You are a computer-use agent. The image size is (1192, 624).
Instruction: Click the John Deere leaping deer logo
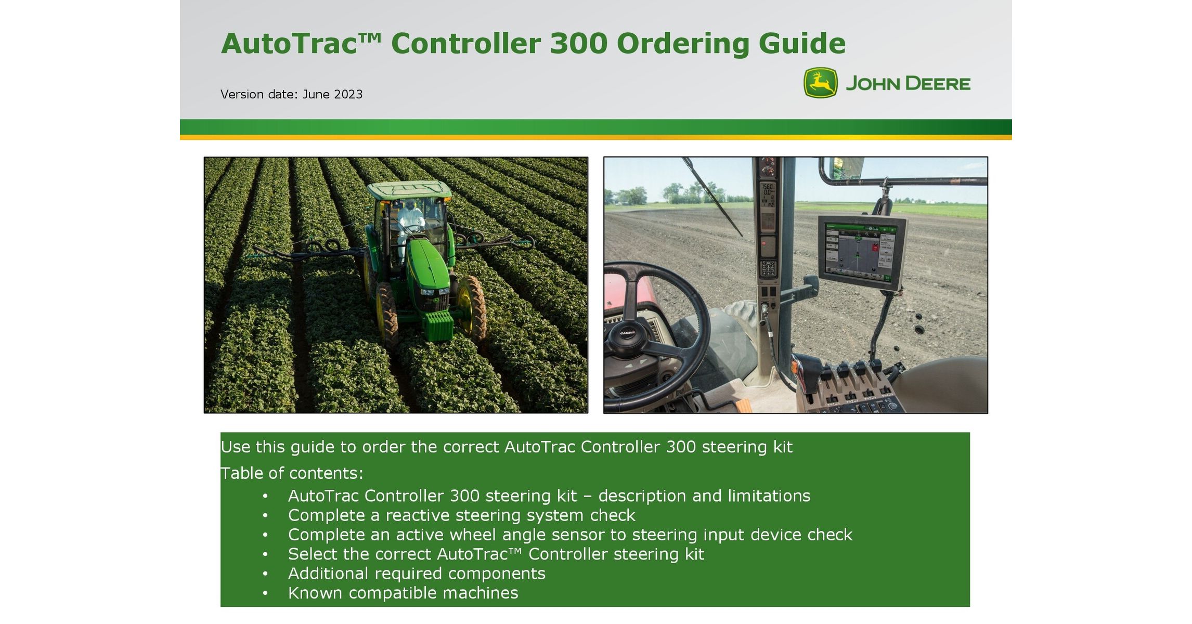(820, 83)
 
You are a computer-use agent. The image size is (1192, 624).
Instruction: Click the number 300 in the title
(578, 43)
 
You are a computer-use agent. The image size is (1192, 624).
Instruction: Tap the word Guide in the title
(802, 43)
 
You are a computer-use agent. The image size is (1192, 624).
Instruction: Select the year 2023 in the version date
(348, 95)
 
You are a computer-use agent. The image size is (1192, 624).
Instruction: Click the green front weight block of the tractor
(439, 324)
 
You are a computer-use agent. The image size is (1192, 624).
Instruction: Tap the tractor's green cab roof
(409, 190)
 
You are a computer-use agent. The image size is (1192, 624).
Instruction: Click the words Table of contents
(292, 473)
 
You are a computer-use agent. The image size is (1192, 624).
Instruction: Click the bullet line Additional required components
(417, 574)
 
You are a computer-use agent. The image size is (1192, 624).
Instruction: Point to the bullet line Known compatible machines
(403, 593)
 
